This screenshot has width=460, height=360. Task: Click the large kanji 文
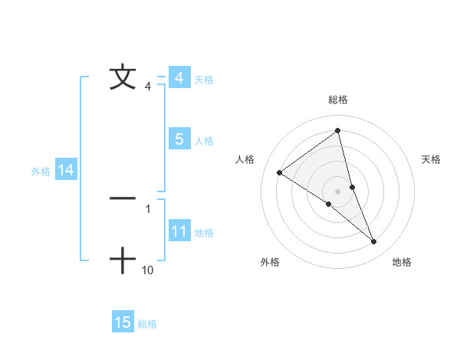click(123, 77)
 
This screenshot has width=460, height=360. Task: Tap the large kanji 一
click(123, 198)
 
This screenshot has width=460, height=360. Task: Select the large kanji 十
click(123, 260)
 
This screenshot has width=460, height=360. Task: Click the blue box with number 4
click(179, 78)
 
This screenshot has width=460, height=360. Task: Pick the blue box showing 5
click(179, 139)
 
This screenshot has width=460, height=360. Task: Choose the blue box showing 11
click(179, 231)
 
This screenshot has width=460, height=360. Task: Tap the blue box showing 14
click(66, 170)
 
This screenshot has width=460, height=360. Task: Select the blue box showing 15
click(123, 322)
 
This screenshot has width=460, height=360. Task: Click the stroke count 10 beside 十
click(148, 270)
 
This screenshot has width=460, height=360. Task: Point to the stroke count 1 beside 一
click(147, 208)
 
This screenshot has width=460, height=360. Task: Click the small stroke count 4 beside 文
click(147, 87)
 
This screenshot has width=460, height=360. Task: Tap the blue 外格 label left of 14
click(41, 172)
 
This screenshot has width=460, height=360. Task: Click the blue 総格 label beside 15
click(147, 324)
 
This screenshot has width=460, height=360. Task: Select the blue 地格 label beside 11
click(204, 233)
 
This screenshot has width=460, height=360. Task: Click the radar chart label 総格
click(337, 100)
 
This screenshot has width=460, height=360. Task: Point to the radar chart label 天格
click(431, 159)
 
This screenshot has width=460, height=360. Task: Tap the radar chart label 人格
click(245, 159)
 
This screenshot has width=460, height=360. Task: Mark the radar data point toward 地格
click(374, 242)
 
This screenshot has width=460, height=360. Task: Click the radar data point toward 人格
click(279, 172)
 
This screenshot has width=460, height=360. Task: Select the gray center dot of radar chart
click(337, 191)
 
